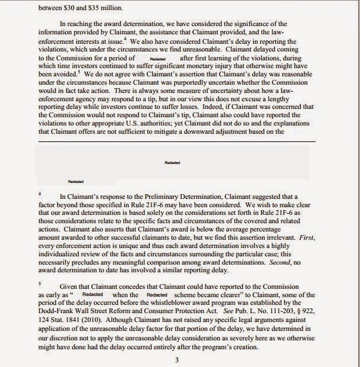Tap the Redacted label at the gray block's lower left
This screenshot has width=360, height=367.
[76, 182]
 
